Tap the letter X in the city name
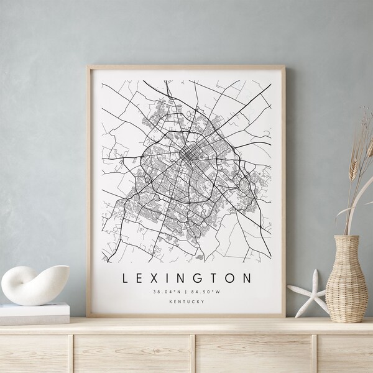point(150,278)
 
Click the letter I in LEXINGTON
point(163,278)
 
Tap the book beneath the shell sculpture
point(34,313)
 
